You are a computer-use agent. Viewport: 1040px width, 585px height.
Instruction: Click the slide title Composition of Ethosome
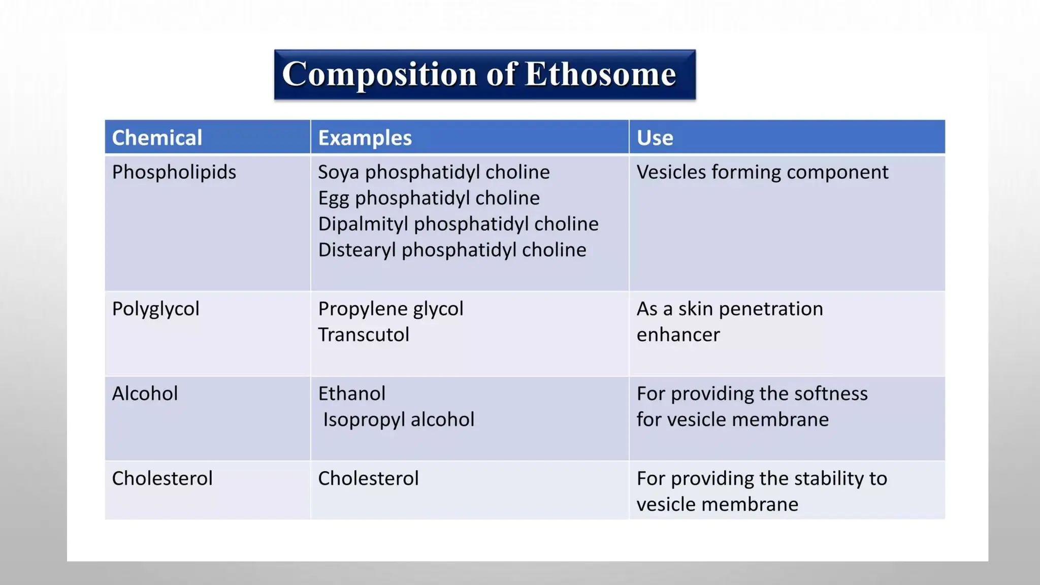(479, 74)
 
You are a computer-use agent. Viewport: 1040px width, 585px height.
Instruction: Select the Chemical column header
(157, 138)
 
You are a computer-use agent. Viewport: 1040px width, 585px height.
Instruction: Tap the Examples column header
(365, 138)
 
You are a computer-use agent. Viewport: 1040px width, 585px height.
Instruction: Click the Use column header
(655, 138)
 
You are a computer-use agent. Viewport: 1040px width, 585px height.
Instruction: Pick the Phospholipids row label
(174, 172)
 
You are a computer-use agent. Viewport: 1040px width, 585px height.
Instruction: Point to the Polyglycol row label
(155, 309)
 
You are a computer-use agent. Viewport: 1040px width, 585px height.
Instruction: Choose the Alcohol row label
(145, 394)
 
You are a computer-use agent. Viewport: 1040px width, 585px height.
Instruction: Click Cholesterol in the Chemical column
(162, 478)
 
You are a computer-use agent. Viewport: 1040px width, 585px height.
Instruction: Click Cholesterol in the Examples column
(368, 478)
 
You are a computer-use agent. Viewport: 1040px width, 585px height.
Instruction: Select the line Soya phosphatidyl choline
(434, 172)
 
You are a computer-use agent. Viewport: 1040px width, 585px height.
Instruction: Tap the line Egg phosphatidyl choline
(429, 198)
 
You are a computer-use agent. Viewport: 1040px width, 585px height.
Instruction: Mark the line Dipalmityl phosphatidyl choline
(458, 224)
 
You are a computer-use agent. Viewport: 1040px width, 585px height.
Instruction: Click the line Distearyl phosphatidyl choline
(452, 250)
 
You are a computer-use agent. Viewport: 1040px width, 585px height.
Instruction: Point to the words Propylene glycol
(391, 309)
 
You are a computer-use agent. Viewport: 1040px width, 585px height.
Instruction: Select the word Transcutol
(364, 335)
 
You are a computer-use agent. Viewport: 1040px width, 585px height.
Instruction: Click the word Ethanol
(351, 394)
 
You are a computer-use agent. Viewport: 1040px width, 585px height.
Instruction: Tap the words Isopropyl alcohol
(399, 419)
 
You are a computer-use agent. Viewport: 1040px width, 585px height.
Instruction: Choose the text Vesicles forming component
(762, 172)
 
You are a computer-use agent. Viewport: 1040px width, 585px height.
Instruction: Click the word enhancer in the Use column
(678, 335)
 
